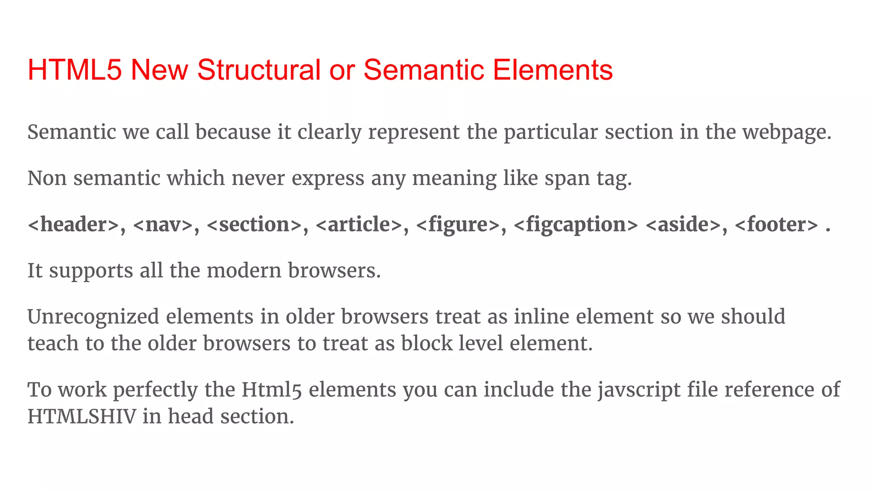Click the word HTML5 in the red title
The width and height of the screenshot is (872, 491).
pos(75,70)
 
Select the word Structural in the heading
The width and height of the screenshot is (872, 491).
pos(258,70)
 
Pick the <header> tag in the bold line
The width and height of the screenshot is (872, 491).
pos(73,225)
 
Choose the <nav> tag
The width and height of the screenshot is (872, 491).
pos(163,225)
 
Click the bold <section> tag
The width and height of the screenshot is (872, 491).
pos(254,225)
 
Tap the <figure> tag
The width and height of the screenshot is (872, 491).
pos(458,225)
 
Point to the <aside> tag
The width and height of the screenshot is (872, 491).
pos(683,225)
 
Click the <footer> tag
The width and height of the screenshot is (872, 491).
pos(776,225)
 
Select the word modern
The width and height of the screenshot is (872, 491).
pos(244,271)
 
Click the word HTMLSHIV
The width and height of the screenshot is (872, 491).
pos(82,417)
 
